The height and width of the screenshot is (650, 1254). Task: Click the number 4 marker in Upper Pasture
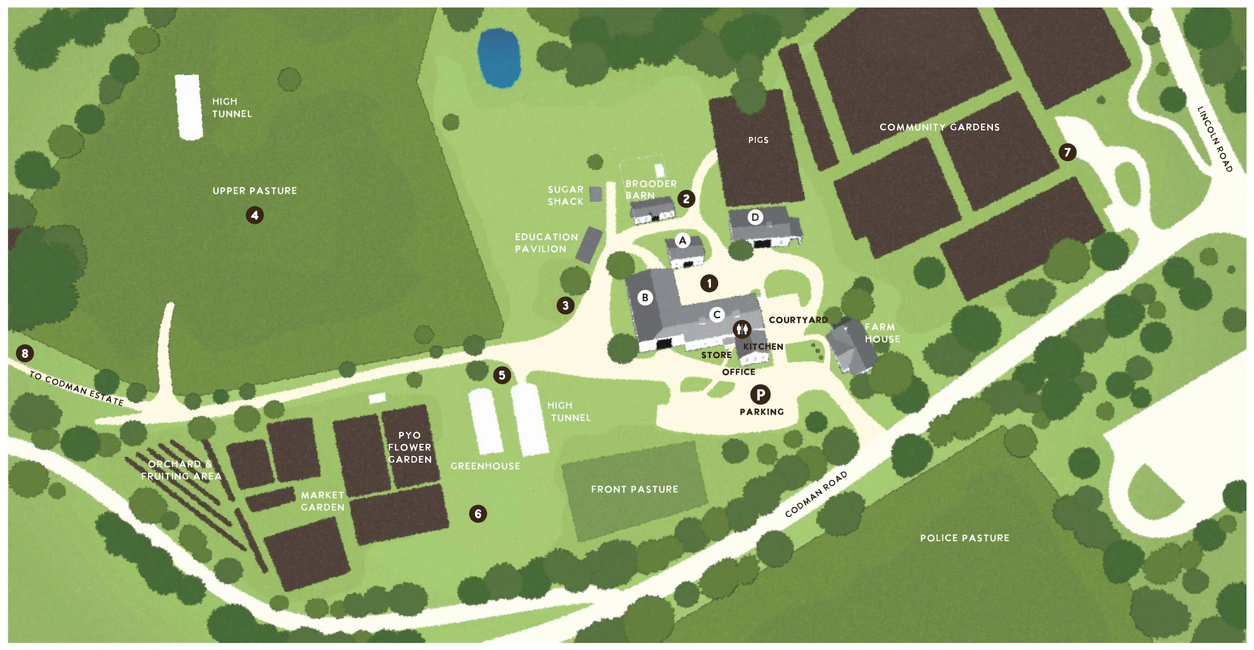254,215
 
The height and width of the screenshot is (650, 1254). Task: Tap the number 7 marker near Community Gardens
1067,152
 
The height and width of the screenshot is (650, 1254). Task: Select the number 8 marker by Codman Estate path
25,353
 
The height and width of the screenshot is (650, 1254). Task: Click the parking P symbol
760,394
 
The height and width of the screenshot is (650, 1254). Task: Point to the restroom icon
742,329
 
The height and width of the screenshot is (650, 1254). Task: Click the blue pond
498,57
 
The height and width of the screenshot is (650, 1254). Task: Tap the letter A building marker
682,240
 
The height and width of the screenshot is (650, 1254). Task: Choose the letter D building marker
754,217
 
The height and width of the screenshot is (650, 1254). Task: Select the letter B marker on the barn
645,297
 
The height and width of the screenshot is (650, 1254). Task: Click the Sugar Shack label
565,195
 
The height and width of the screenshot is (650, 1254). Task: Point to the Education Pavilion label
546,243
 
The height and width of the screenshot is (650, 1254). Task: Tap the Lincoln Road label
1215,139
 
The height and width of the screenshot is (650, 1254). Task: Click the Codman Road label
816,494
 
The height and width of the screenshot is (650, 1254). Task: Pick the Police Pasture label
965,538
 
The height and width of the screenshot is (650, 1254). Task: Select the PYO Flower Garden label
410,447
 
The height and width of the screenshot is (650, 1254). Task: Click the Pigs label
758,140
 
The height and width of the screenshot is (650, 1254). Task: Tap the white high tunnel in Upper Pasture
189,107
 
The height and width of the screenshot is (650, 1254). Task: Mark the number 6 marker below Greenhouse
478,514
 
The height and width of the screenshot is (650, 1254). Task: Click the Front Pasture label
634,489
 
